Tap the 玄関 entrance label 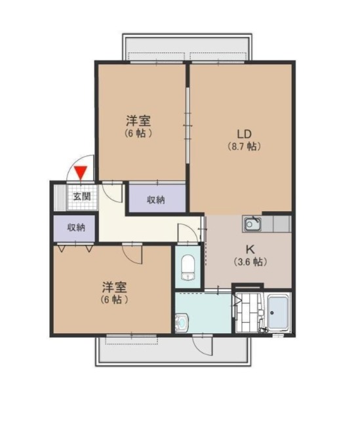[x=82, y=196]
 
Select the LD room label [x=244, y=134]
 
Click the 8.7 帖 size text [x=245, y=147]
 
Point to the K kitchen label [x=250, y=249]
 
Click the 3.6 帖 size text [x=250, y=262]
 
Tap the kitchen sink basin [x=252, y=224]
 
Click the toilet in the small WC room [x=188, y=267]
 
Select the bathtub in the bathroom [x=278, y=312]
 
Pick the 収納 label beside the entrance [x=76, y=228]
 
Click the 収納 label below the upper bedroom [x=156, y=200]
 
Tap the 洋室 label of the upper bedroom [x=138, y=121]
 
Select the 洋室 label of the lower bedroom [x=114, y=287]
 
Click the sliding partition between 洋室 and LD [x=188, y=125]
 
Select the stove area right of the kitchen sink [x=281, y=224]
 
